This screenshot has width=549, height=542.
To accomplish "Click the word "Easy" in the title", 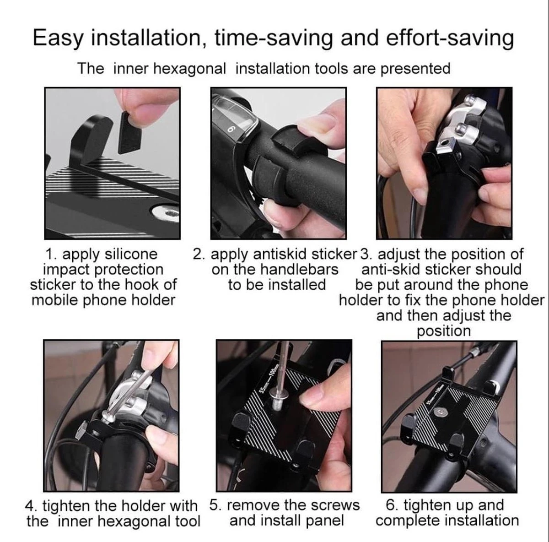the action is [x=59, y=38].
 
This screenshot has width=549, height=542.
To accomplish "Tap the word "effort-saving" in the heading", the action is [x=450, y=38].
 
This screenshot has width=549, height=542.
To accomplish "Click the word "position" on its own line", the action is [x=444, y=331].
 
